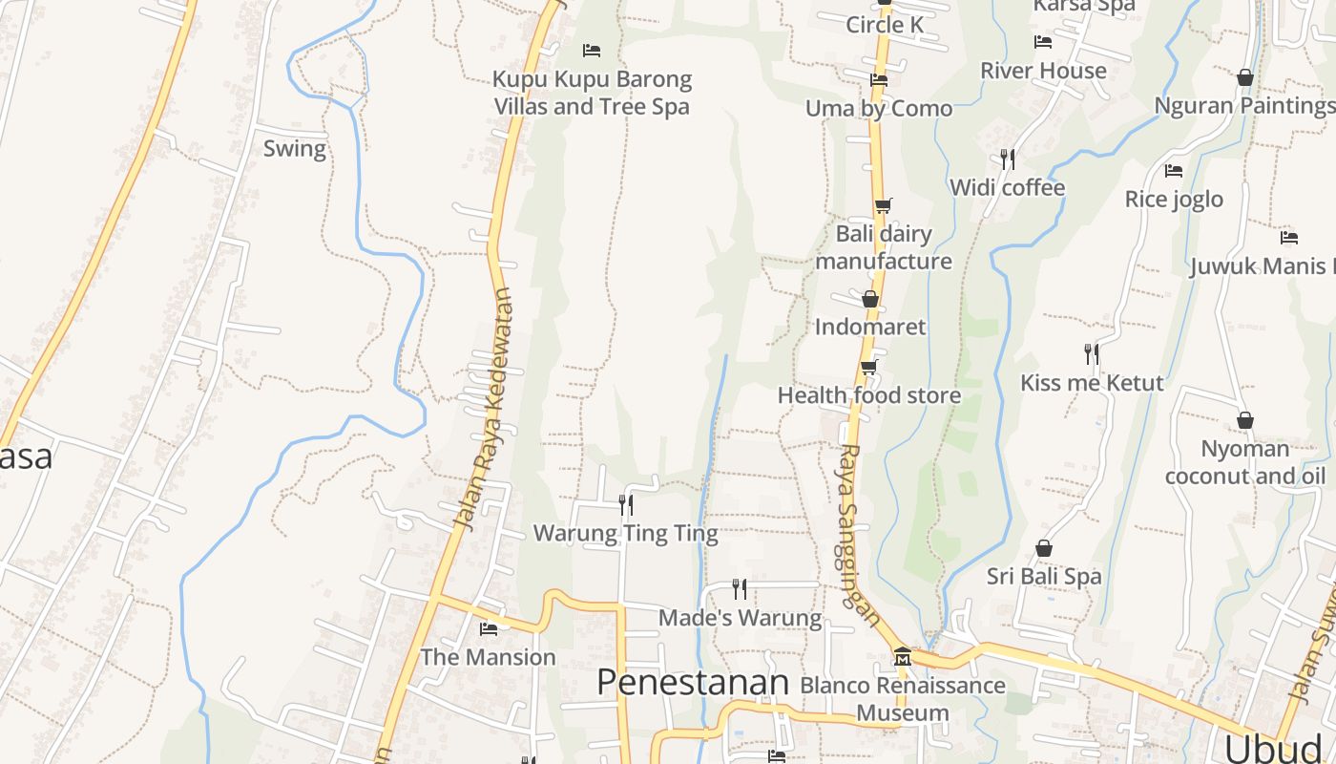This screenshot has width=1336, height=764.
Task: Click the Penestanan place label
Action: click(693, 683)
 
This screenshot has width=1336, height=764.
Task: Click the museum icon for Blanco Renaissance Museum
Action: click(903, 657)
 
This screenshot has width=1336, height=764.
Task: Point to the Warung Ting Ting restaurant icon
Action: click(626, 504)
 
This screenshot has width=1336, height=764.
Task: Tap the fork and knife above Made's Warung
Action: click(740, 588)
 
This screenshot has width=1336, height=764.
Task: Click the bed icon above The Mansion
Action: click(489, 629)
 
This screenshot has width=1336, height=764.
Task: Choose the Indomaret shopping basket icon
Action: click(870, 299)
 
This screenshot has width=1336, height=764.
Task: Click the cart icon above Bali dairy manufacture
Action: click(883, 205)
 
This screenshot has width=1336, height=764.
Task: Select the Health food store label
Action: click(869, 395)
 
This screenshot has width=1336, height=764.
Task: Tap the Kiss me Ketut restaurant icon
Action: click(1092, 354)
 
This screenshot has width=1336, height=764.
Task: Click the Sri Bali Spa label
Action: click(1044, 576)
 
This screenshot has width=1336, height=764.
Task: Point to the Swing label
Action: click(295, 149)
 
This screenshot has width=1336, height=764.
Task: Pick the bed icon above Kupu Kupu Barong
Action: click(592, 50)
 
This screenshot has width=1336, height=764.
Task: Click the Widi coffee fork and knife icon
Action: click(1007, 159)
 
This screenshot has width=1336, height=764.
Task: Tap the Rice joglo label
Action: click(1174, 199)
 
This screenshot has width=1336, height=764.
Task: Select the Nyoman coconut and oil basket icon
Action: click(1245, 420)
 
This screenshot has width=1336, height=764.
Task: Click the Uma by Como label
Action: click(879, 109)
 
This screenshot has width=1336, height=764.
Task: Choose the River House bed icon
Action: click(1043, 42)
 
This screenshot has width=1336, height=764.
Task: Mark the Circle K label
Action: click(885, 25)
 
